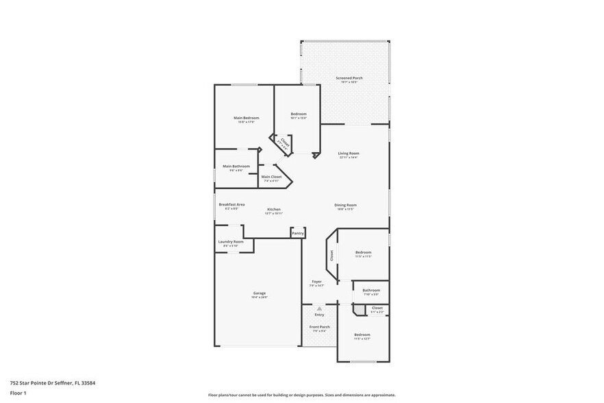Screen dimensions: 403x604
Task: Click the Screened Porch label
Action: coord(349,78)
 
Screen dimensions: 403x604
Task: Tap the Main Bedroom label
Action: coord(246,118)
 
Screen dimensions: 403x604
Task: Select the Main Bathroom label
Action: coord(236,166)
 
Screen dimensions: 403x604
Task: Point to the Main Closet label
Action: coord(271,177)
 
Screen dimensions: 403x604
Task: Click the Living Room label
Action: coord(349,154)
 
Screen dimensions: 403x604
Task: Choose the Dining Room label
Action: coord(345,205)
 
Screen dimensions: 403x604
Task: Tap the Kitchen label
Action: coord(274,209)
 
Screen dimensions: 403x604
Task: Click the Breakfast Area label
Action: coord(231,204)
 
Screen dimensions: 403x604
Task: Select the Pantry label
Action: coord(297,233)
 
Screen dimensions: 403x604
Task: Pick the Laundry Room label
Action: coord(231,241)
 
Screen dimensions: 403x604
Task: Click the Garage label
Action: coord(259,293)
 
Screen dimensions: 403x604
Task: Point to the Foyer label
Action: coord(316,281)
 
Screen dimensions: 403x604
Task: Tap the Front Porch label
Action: coord(320,327)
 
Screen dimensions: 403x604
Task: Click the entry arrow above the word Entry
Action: coord(319,309)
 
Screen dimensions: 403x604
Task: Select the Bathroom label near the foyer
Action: coord(371,290)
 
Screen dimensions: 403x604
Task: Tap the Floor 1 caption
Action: coord(18,393)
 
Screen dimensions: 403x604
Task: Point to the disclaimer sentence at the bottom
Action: coord(302,395)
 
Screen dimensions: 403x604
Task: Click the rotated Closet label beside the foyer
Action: coord(331,255)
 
